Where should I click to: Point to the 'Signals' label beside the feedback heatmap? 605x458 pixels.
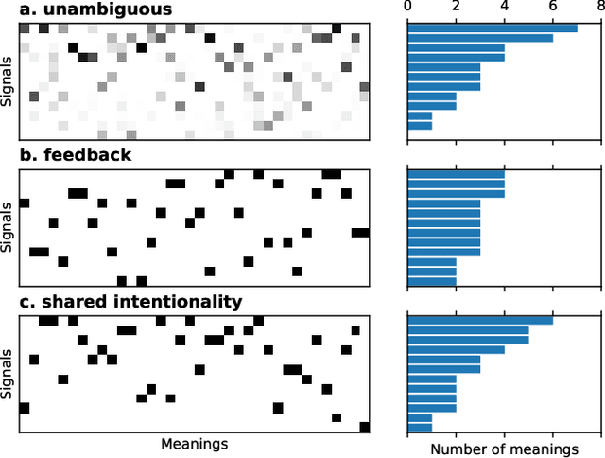pyautogui.click(x=9, y=227)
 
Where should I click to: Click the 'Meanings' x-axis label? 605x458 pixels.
pyautogui.click(x=194, y=443)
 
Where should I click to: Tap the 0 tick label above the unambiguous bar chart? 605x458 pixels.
pyautogui.click(x=407, y=8)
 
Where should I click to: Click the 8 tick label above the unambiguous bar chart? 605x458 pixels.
pyautogui.click(x=600, y=8)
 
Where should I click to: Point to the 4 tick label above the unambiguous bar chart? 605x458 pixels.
pyautogui.click(x=504, y=8)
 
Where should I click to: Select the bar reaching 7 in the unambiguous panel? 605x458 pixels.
pyautogui.click(x=492, y=27)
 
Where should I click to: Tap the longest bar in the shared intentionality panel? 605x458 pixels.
pyautogui.click(x=479, y=320)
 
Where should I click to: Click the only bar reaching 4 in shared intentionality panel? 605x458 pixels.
pyautogui.click(x=456, y=349)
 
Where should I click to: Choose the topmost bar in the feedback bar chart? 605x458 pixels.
pyautogui.click(x=456, y=174)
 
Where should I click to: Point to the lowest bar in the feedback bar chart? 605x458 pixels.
pyautogui.click(x=431, y=281)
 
